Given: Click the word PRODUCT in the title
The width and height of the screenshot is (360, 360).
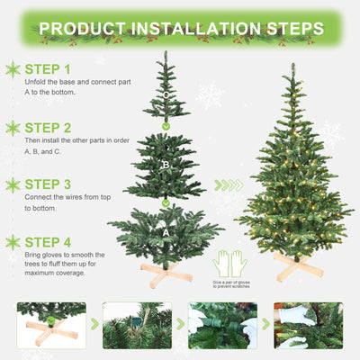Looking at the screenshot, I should click(85, 29).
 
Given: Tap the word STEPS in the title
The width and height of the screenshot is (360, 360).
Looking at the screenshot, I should click(283, 29).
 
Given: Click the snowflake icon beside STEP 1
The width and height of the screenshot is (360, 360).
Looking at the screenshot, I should click(13, 69).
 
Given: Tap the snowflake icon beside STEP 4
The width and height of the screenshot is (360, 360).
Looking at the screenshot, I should click(13, 242).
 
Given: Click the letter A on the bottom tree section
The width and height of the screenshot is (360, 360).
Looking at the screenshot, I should click(166, 232).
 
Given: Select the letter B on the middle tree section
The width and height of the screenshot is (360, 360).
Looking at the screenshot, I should click(166, 166).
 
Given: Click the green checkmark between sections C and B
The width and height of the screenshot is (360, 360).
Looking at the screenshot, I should click(166, 125).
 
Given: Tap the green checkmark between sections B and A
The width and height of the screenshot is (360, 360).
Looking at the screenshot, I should click(166, 203).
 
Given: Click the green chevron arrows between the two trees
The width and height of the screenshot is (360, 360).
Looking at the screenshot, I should click(229, 185).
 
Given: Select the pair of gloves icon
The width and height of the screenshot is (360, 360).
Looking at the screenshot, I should click(230, 264).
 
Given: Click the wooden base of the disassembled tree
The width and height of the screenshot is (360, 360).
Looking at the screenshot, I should click(165, 271).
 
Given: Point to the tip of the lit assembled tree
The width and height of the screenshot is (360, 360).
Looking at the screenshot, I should click(292, 66).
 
